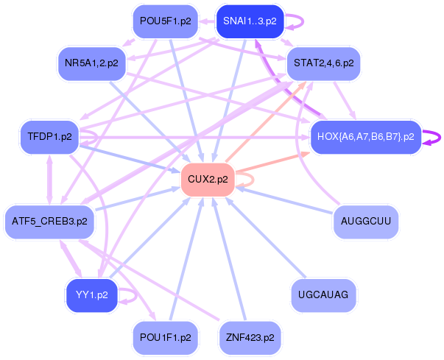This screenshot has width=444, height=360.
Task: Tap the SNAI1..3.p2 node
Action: click(250, 21)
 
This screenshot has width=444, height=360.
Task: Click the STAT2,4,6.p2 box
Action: click(323, 63)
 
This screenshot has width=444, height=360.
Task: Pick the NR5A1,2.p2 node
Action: click(91, 63)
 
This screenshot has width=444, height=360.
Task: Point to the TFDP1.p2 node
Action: click(49, 137)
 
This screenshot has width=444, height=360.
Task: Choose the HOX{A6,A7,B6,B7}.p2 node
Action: click(365, 137)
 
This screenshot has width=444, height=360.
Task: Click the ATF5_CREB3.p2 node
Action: click(49, 220)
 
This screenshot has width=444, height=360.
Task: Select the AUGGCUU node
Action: click(365, 220)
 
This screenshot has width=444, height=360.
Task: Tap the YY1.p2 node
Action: click(91, 294)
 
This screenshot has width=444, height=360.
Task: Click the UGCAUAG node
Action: click(323, 294)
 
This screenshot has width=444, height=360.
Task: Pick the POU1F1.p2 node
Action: click(165, 337)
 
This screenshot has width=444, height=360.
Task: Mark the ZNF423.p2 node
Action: click(250, 337)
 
